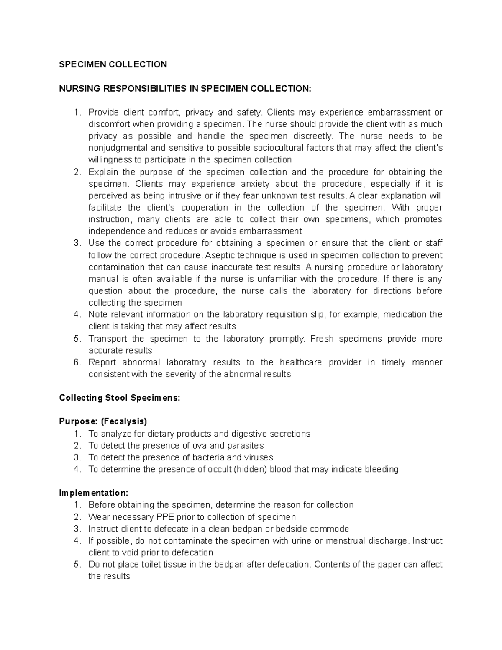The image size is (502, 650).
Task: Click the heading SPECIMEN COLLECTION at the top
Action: (113, 64)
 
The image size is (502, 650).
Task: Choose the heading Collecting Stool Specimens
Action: (120, 398)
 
